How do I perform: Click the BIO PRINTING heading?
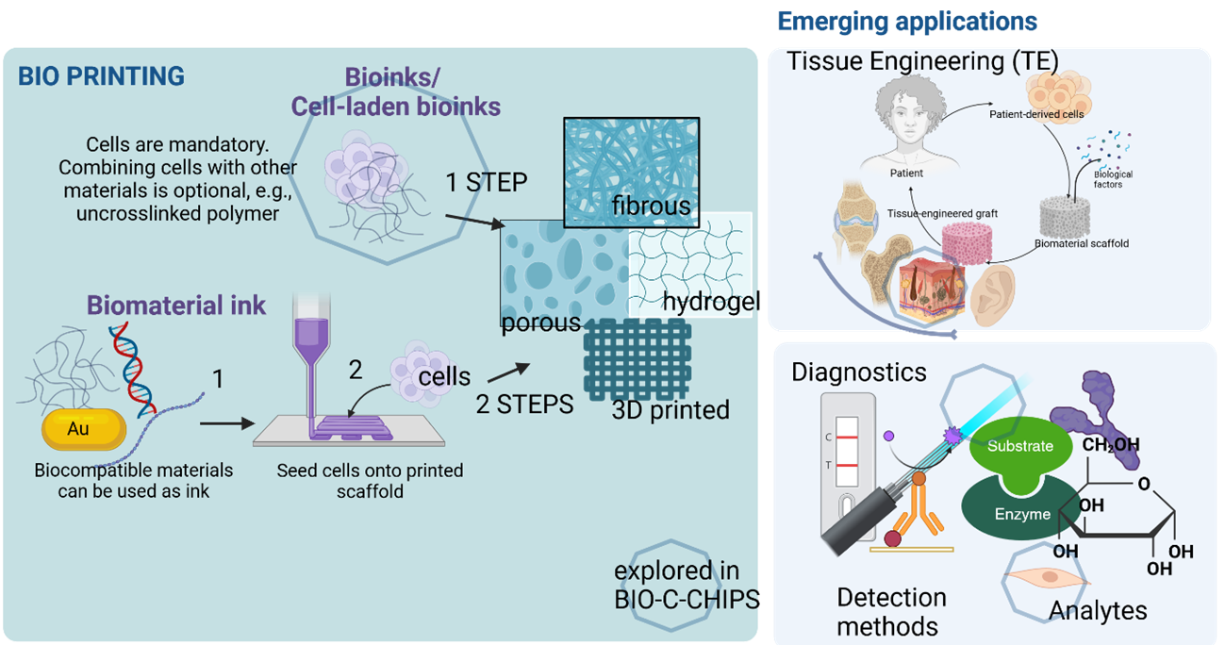coord(102,76)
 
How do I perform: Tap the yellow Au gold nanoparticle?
coord(84,430)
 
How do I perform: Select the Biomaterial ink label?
coord(176,306)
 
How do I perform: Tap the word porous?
coord(541,323)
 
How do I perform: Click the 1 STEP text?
coord(487,182)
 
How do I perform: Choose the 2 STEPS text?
coord(524,404)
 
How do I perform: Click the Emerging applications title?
coord(906,22)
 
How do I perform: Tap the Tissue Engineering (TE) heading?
coord(923,61)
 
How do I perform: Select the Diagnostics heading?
coord(859,372)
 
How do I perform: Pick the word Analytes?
coord(1098,610)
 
